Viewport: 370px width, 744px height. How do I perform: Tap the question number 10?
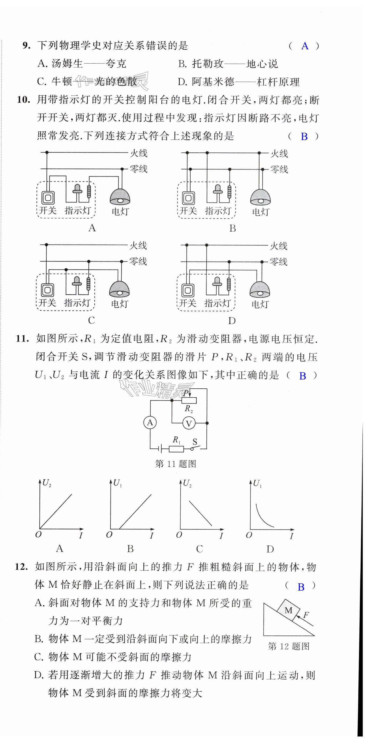coord(23,100)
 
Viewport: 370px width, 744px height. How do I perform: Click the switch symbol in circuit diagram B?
coord(188,198)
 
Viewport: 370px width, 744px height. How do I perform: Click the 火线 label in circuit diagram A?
coord(139,153)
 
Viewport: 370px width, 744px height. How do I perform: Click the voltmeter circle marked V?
coord(189,423)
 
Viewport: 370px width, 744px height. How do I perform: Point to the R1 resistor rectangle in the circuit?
coord(176,449)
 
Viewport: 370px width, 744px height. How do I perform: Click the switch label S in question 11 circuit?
coord(195,442)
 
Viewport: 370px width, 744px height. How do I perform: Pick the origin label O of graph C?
coord(179,535)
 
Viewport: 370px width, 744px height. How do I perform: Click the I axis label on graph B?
coord(151,536)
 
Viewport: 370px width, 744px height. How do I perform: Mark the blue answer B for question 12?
coord(301,587)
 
